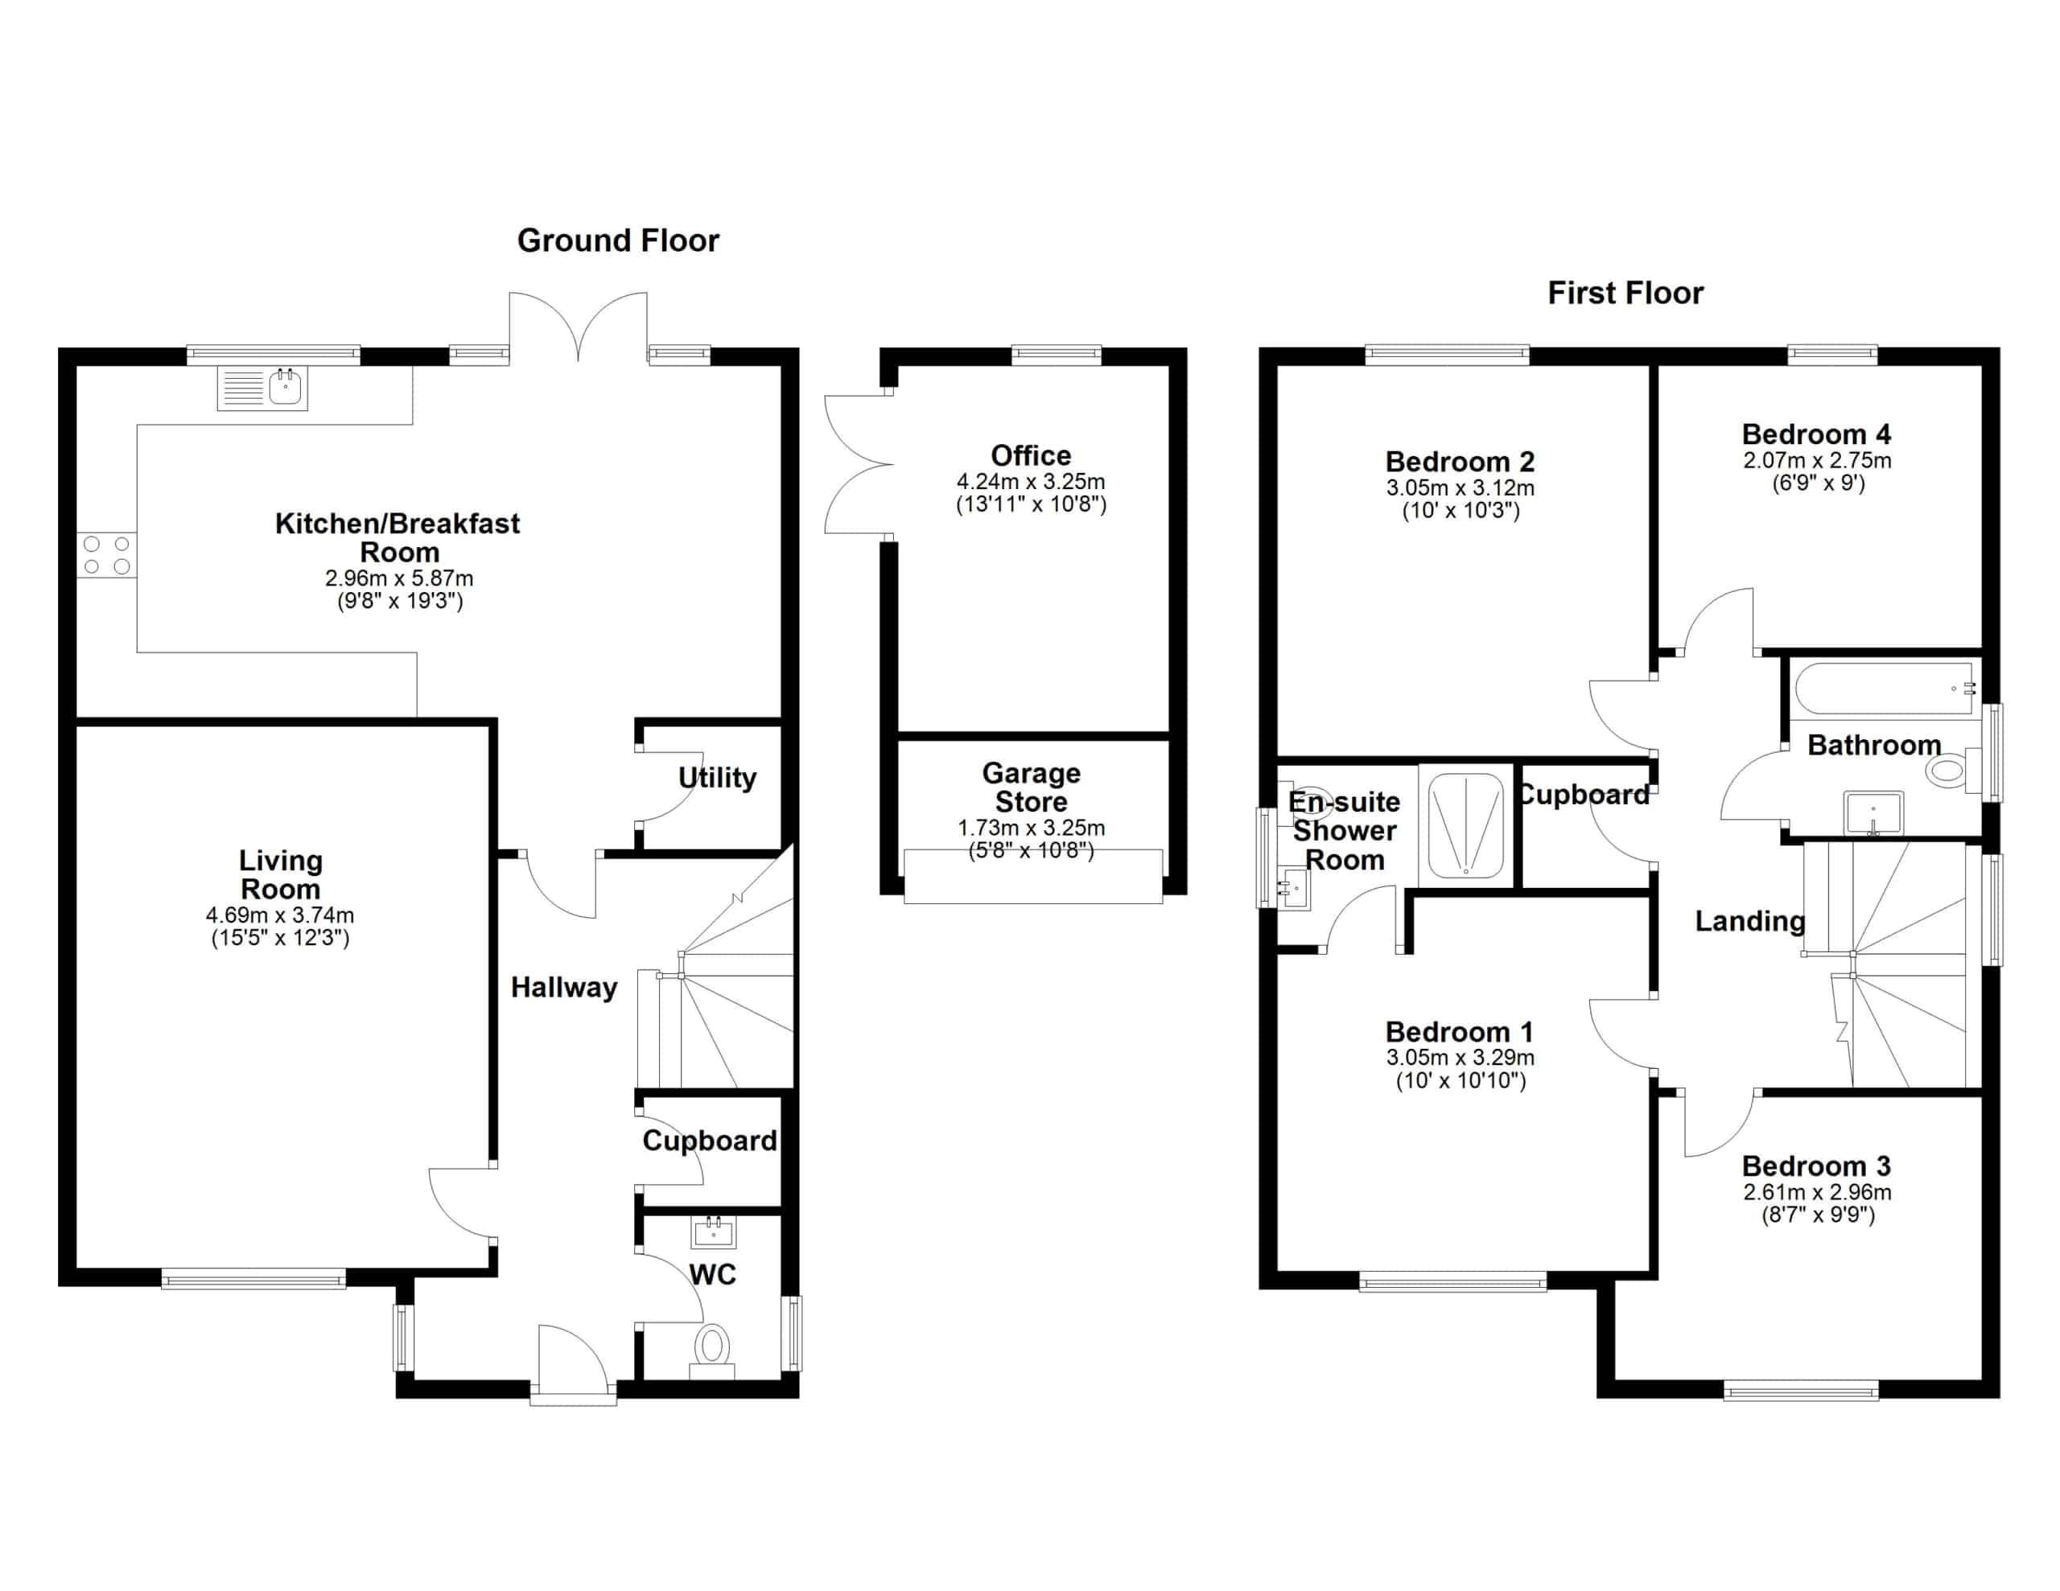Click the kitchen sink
click(x=262, y=388)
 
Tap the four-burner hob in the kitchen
click(x=106, y=554)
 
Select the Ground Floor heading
click(x=618, y=240)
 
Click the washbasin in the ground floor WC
click(x=713, y=1231)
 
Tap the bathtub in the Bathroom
click(x=1885, y=689)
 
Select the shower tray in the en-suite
click(x=1466, y=826)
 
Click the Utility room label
click(x=717, y=778)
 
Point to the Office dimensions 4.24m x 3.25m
click(x=1031, y=481)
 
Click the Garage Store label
click(x=1031, y=787)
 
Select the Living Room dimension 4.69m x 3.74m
click(x=280, y=915)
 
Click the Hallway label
click(x=564, y=988)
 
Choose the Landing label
click(x=1749, y=922)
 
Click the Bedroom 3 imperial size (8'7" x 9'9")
click(x=1818, y=1215)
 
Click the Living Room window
click(x=253, y=1279)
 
